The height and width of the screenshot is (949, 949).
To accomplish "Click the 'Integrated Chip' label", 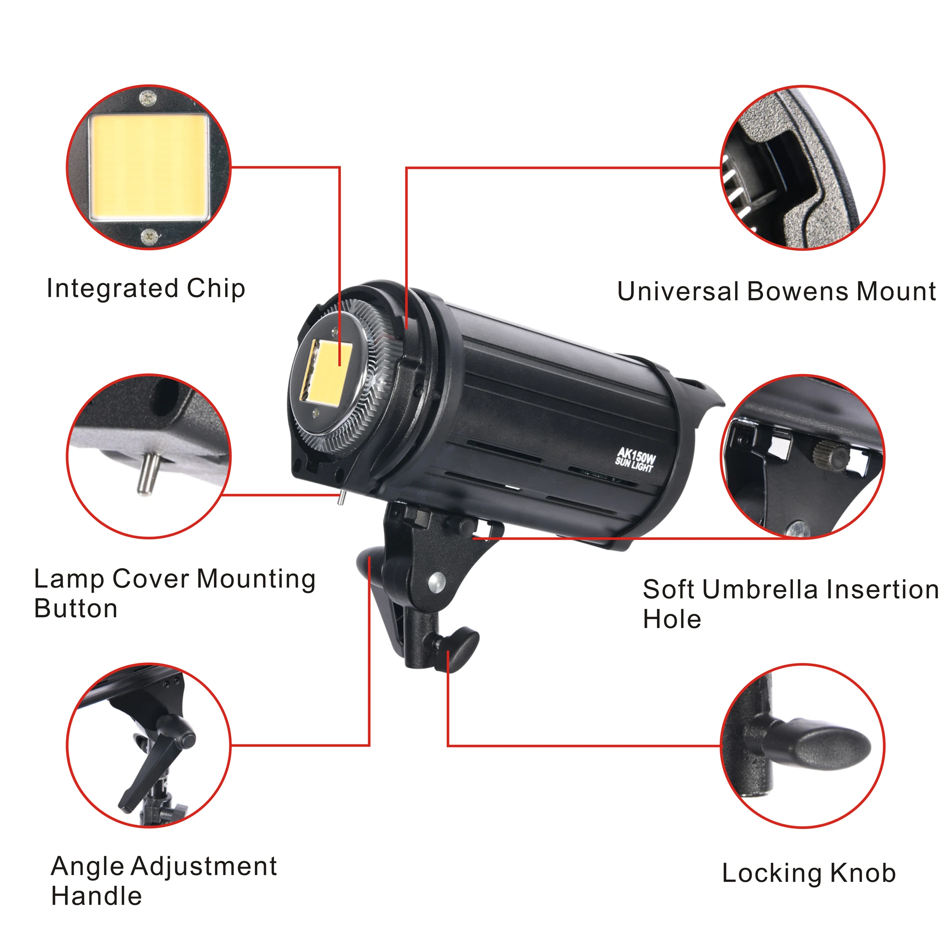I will [146, 289].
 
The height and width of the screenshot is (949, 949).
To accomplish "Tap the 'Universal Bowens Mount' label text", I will [776, 292].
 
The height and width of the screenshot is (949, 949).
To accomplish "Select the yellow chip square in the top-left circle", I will [149, 167].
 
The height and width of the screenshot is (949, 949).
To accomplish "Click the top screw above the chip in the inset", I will [148, 99].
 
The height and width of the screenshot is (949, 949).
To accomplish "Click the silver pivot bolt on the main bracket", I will [435, 582].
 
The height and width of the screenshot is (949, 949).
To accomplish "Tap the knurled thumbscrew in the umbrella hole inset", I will [830, 453].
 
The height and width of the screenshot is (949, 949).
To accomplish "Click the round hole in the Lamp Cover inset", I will [166, 398].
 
